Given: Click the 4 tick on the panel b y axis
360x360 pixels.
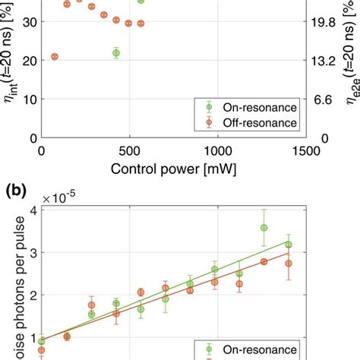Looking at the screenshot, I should point(30,210).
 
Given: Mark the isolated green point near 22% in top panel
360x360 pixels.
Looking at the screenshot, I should point(115,53).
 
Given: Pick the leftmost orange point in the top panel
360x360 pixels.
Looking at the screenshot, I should point(55,57).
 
